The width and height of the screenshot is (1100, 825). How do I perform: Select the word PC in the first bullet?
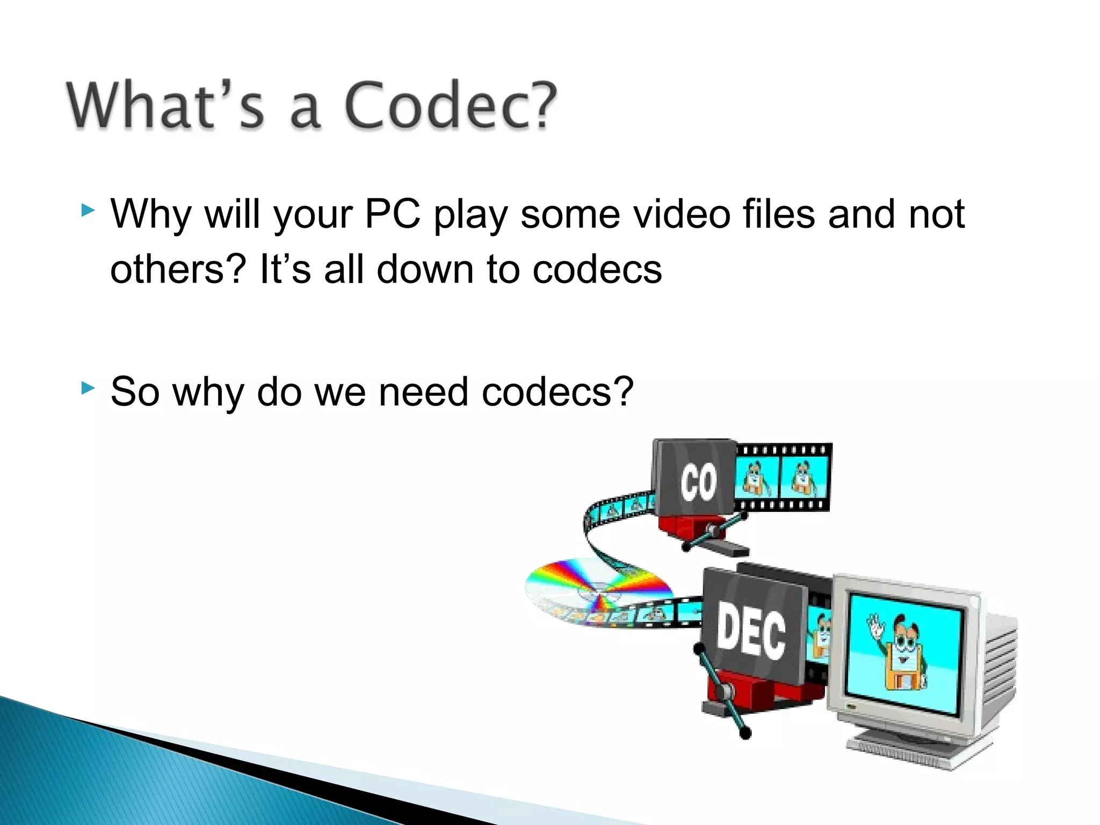392,214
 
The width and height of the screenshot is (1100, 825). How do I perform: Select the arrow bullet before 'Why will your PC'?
88,210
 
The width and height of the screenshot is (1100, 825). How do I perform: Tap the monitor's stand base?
913,749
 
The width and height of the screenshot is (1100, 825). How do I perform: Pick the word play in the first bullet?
470,214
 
